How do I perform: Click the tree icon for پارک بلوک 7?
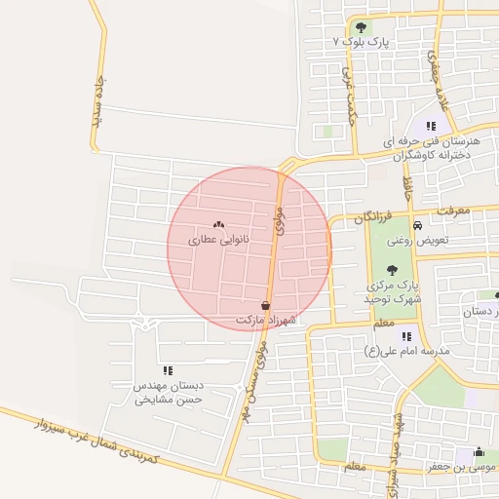coord(362,27)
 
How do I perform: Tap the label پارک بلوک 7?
coord(361,43)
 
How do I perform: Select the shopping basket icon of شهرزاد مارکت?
coord(266,305)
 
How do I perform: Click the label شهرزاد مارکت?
coord(264,320)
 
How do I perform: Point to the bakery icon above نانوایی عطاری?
coord(218,224)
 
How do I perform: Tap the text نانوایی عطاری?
coord(218,238)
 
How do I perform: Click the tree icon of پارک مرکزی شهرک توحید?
coord(392,270)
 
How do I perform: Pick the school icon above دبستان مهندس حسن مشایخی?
coord(169,370)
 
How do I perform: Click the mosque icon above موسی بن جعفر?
coord(478,452)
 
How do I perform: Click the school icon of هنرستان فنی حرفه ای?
coord(430,126)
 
